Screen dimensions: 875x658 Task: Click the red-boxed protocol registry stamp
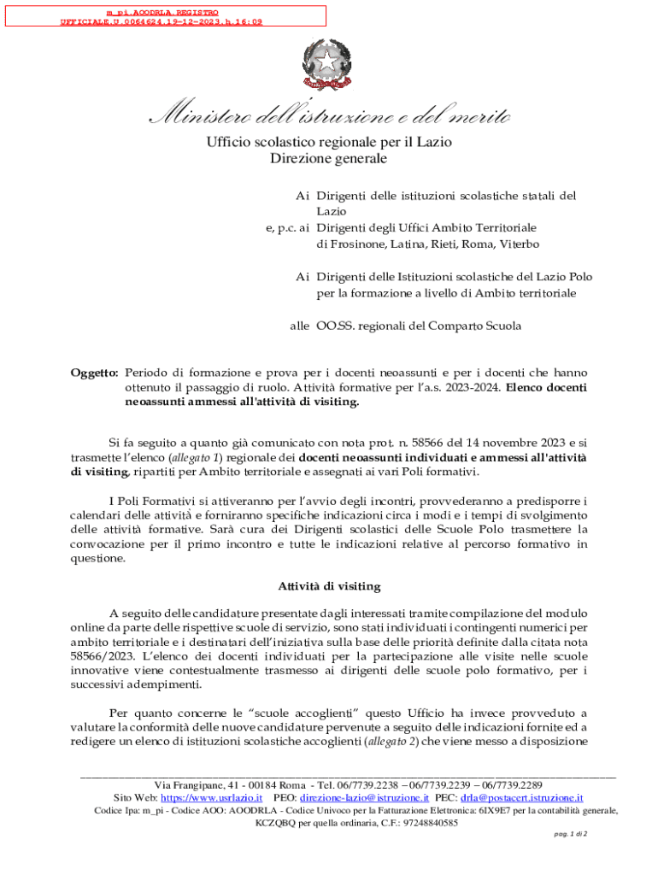coord(163,15)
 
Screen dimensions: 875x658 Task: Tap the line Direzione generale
coord(329,159)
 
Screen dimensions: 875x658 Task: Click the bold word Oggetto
coord(93,373)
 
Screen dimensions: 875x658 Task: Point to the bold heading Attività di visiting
coord(329,586)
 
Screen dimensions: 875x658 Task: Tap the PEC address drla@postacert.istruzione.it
coord(521,797)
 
